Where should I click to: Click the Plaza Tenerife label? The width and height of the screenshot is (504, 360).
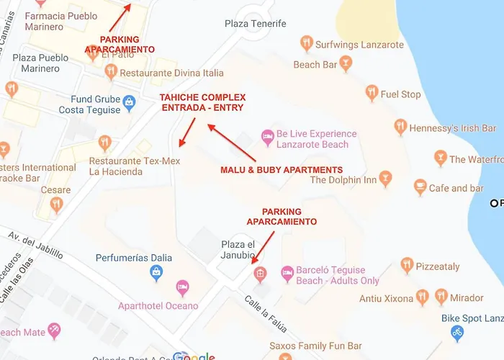click(x=256, y=24)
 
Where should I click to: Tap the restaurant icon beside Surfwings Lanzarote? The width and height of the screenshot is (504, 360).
click(x=307, y=44)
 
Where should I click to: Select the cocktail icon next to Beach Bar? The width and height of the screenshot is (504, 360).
click(x=346, y=65)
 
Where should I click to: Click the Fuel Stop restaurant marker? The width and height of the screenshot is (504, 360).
click(x=372, y=93)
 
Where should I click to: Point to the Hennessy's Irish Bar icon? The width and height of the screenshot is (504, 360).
click(x=400, y=127)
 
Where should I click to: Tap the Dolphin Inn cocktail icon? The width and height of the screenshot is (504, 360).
click(x=386, y=179)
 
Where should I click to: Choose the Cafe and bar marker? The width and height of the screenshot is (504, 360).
click(x=420, y=187)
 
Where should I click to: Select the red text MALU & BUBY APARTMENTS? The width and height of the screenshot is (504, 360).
click(x=281, y=170)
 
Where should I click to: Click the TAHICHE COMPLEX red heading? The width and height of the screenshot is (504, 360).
click(x=202, y=102)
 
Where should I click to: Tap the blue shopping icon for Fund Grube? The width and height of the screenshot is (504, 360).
click(x=129, y=102)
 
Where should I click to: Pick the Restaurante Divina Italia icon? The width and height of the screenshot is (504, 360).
click(x=111, y=72)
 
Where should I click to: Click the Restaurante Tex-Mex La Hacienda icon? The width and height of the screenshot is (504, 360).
click(x=105, y=143)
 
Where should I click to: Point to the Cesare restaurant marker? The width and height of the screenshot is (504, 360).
click(x=56, y=204)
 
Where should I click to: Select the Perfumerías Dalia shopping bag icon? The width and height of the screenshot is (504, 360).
click(x=156, y=272)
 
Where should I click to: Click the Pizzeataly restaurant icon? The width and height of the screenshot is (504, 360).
click(x=407, y=266)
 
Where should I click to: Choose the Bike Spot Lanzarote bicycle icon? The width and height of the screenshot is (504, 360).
click(x=456, y=333)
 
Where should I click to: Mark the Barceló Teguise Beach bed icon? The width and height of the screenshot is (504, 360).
click(x=287, y=273)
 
